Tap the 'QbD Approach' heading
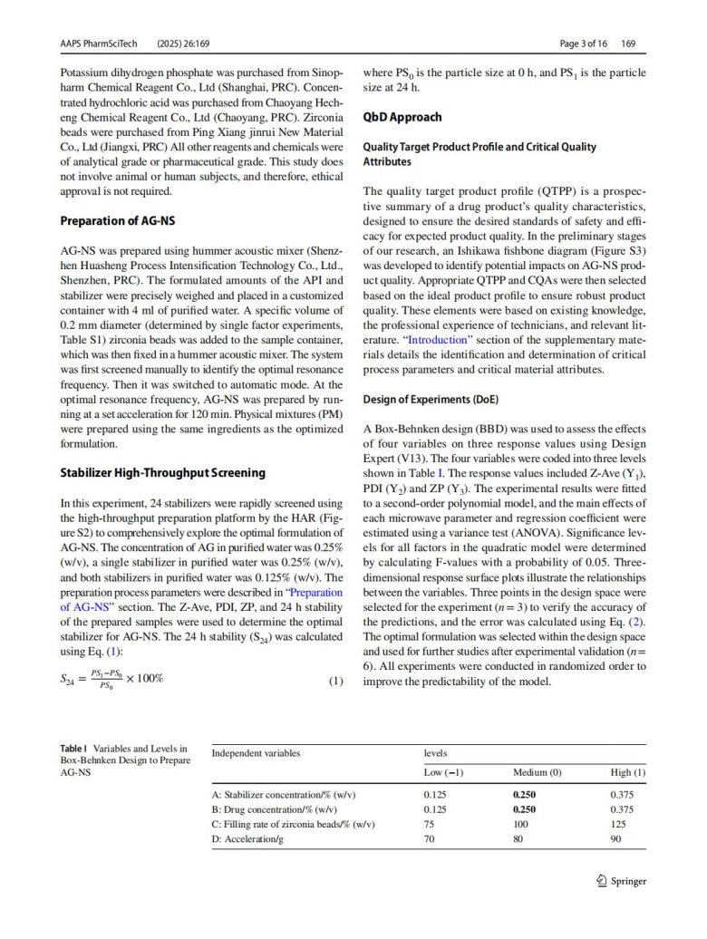pyautogui.click(x=402, y=117)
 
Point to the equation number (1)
pyautogui.click(x=336, y=681)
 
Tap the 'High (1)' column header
pyautogui.click(x=628, y=771)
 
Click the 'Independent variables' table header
pyautogui.click(x=256, y=753)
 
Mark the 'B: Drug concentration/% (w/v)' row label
pyautogui.click(x=275, y=809)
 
